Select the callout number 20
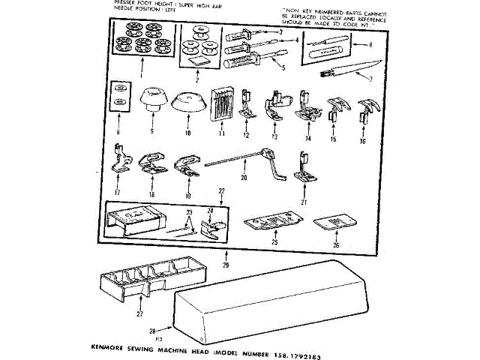tap(243, 178)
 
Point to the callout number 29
tap(226, 265)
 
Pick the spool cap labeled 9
tap(153, 97)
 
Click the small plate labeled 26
tap(335, 222)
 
